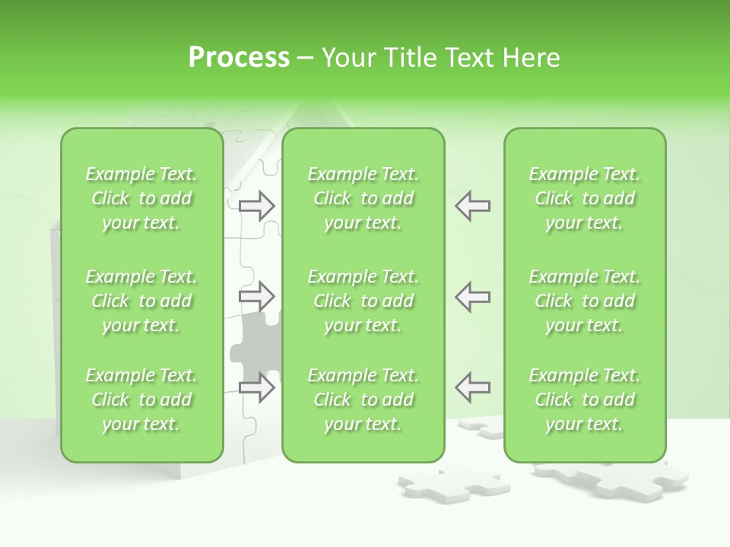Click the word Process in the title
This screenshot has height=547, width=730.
click(x=239, y=58)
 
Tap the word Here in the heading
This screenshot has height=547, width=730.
click(x=530, y=58)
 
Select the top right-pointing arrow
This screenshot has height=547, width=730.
click(x=257, y=206)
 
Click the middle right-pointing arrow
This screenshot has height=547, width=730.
click(x=257, y=296)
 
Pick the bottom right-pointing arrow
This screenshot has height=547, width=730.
click(x=257, y=387)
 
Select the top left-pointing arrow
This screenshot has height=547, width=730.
click(x=473, y=206)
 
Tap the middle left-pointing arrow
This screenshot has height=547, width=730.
click(x=473, y=296)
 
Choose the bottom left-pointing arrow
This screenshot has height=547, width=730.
click(x=473, y=387)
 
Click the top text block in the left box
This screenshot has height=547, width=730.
click(x=141, y=198)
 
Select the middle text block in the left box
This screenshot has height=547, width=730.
click(x=141, y=301)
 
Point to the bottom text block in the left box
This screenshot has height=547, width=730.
click(x=141, y=400)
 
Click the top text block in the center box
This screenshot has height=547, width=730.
click(x=363, y=198)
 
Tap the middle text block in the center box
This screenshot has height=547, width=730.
click(x=363, y=301)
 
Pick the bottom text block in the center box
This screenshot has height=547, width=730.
click(x=363, y=400)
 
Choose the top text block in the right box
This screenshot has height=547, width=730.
click(x=585, y=198)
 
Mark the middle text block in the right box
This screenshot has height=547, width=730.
click(x=585, y=301)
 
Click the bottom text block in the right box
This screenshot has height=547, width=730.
click(x=585, y=400)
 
